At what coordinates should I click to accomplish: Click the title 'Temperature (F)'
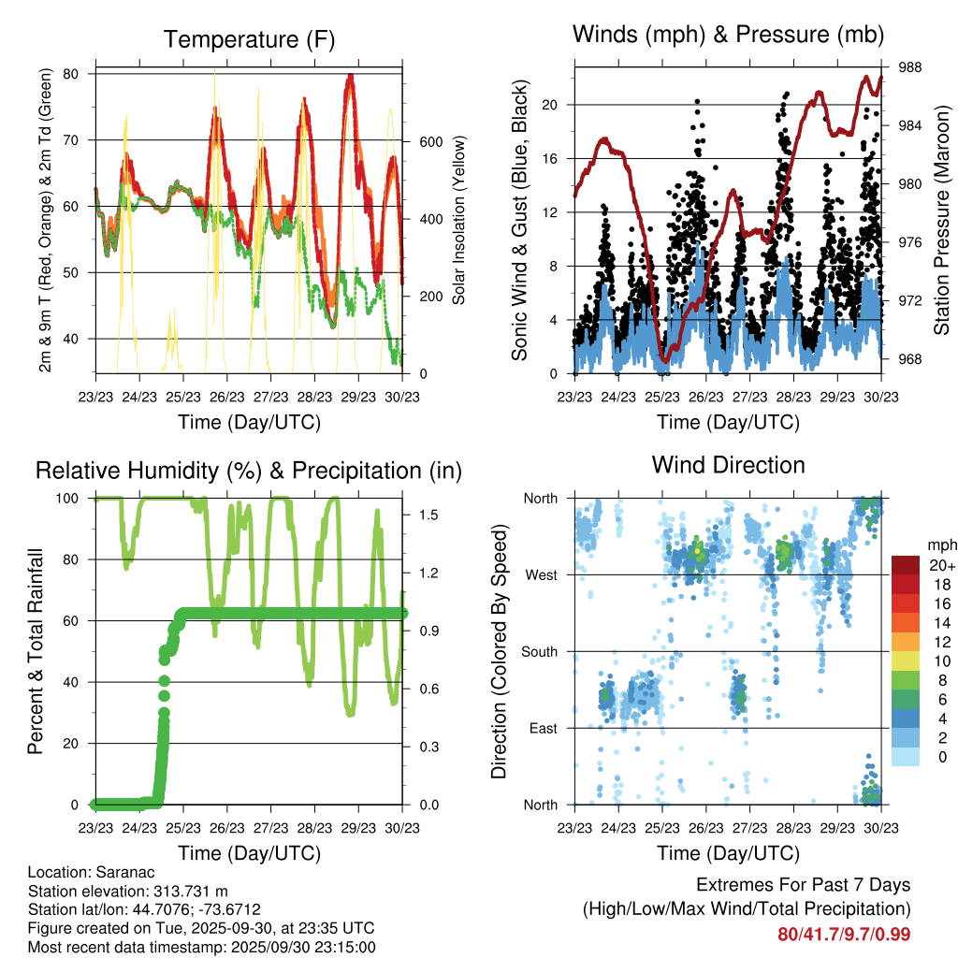pos(249,39)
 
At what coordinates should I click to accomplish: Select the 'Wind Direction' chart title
pos(728,465)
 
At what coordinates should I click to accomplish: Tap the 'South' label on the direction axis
pos(538,652)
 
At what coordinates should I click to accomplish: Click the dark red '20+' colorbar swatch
pos(906,566)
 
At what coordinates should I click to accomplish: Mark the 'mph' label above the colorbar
pos(939,544)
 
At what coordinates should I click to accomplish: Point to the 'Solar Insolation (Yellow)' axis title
pos(459,220)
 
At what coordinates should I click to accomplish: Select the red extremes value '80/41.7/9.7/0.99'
pos(844,935)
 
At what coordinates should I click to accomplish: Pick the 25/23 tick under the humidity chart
pos(183,828)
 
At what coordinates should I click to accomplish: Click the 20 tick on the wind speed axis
pos(552,105)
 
